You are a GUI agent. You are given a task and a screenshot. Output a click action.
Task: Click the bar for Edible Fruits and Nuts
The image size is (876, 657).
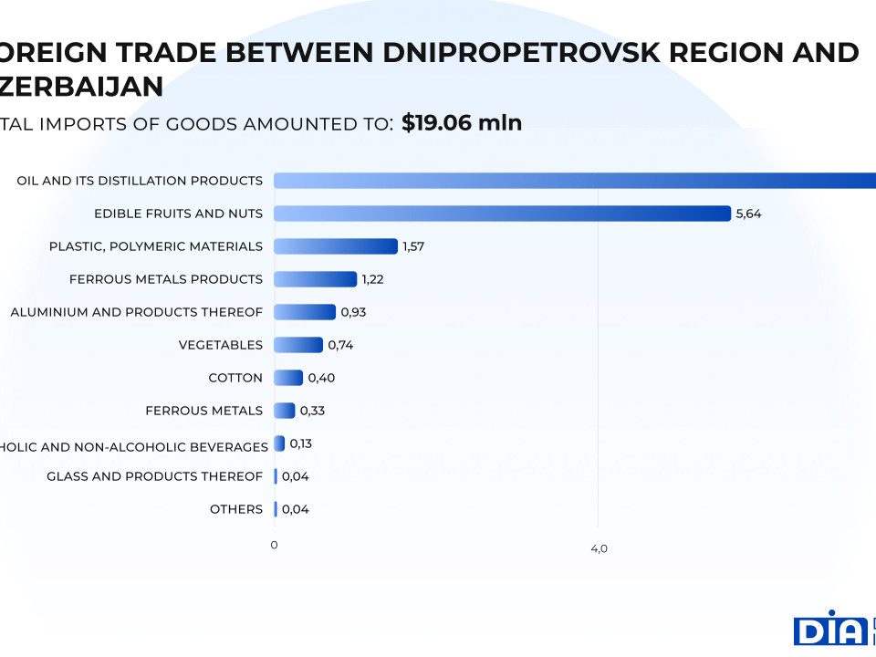502,214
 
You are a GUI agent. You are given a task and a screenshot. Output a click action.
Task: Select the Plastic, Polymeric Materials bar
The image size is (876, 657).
336,246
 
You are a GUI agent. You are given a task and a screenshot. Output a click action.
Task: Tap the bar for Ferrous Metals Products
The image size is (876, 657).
315,279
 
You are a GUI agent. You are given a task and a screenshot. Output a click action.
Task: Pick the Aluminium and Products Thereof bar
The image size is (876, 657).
305,312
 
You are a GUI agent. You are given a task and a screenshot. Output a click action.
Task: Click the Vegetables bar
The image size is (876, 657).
298,345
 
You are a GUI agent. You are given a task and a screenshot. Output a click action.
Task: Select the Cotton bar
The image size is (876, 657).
288,378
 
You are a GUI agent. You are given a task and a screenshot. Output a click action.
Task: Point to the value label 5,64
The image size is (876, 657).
748,214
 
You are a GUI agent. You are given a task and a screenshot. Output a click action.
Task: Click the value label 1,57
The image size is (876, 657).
415,246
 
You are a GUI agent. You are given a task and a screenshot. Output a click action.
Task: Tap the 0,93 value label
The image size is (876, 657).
353,312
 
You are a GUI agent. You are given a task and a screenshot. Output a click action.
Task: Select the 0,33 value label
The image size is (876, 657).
312,411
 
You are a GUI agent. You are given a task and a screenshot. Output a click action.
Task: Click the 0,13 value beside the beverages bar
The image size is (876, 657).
301,443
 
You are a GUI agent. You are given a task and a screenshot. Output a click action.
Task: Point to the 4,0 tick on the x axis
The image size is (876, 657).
599,549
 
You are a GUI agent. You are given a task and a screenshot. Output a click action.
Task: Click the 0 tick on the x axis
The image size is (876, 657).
274,545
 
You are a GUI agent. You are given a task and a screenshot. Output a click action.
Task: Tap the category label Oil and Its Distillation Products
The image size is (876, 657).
140,181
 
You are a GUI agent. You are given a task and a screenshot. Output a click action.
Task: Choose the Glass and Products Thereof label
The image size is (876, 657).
154,476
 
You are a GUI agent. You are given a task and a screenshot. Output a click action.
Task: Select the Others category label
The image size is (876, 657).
236,509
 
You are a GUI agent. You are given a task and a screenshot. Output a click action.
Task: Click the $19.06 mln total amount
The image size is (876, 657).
462,123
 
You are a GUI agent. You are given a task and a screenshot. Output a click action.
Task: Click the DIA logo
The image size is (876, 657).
829,629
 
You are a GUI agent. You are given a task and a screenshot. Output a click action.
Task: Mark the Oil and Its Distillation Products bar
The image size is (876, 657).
575,181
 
